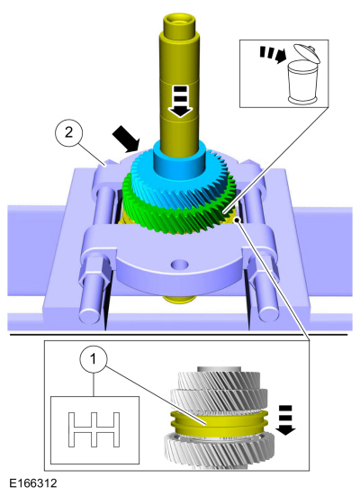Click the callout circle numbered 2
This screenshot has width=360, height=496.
point(69,132)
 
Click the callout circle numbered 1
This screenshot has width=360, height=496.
point(94,360)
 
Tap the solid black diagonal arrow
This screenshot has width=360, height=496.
point(126,138)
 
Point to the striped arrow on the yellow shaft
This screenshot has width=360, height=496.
point(180,101)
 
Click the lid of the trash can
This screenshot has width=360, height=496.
point(306,53)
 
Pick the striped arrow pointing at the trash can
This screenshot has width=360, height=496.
point(273,55)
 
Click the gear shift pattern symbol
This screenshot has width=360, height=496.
point(94,429)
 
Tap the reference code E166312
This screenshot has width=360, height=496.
point(33,483)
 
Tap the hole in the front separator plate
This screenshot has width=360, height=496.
point(179,264)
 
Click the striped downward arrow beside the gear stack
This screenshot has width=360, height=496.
point(285,420)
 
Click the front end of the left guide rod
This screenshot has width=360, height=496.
point(90,314)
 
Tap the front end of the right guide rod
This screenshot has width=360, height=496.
point(268,313)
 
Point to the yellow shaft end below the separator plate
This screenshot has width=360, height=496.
point(178,298)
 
